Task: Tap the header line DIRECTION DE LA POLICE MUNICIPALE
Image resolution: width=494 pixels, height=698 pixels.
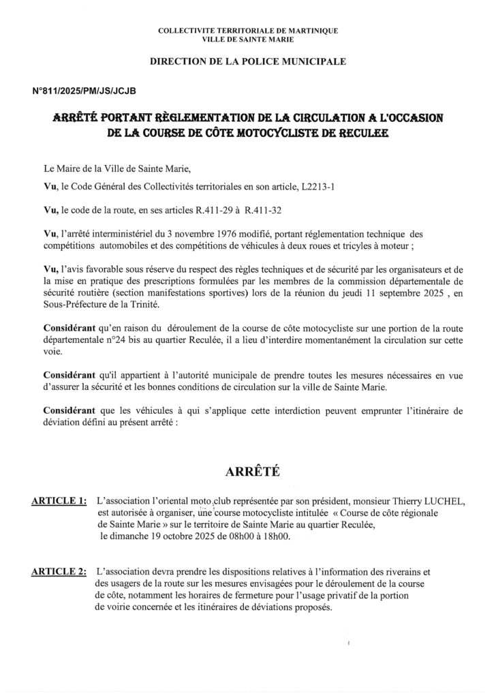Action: pyautogui.click(x=247, y=61)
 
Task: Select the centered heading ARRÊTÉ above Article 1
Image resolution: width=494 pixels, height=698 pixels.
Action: pyautogui.click(x=247, y=470)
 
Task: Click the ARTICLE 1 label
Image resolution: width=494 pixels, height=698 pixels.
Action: pyautogui.click(x=59, y=502)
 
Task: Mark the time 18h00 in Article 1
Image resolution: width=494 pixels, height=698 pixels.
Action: pyautogui.click(x=272, y=536)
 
